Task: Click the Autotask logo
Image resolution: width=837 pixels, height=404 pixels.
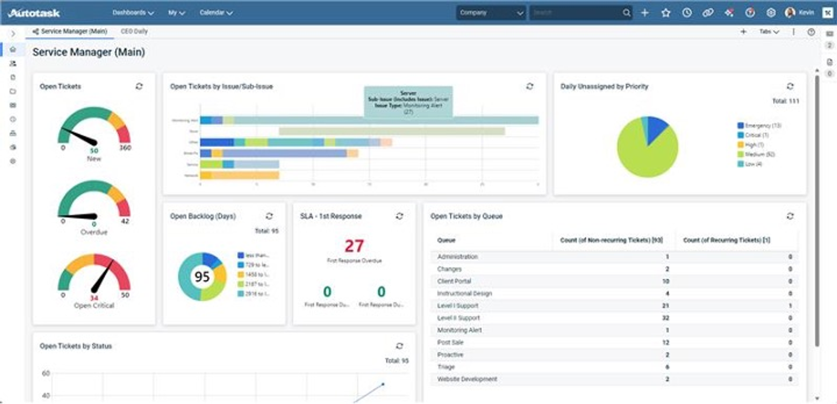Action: click(x=34, y=13)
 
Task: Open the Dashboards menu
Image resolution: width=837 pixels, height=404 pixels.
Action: click(x=133, y=13)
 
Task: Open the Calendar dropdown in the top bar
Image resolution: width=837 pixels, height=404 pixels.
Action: click(x=216, y=13)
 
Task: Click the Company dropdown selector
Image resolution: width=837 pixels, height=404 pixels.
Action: click(x=491, y=13)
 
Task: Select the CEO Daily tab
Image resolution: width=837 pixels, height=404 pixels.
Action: click(x=134, y=31)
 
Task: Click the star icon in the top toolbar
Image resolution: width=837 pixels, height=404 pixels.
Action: click(x=665, y=13)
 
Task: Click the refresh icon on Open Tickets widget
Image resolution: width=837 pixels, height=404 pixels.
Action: click(x=139, y=86)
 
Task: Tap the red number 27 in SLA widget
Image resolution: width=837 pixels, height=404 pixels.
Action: click(x=354, y=246)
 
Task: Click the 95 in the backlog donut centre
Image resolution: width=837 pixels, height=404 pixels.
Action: click(x=202, y=276)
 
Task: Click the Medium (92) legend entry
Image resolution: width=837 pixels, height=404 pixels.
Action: click(x=759, y=154)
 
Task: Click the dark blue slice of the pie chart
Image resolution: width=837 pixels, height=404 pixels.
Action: click(x=655, y=129)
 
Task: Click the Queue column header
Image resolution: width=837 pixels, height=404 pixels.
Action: click(x=446, y=240)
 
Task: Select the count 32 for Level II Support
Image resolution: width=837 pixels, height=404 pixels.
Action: click(x=665, y=318)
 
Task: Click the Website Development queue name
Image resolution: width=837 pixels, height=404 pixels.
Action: click(x=467, y=379)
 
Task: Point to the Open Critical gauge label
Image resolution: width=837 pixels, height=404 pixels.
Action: click(x=94, y=306)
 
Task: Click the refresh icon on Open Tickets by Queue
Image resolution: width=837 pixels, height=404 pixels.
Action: click(x=790, y=216)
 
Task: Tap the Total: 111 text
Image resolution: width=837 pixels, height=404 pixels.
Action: click(x=785, y=101)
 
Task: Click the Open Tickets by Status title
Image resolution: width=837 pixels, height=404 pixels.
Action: click(x=76, y=346)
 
